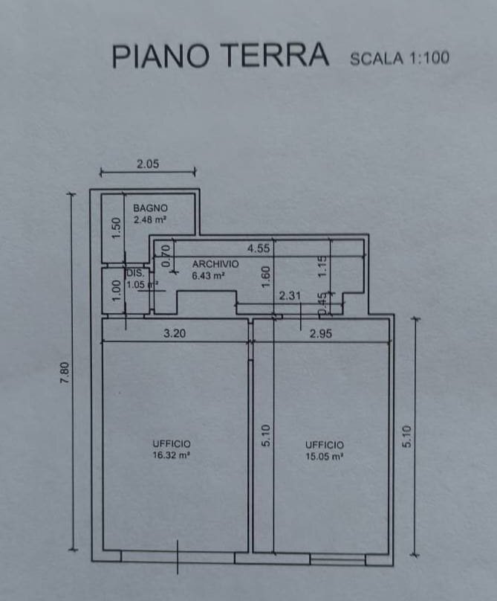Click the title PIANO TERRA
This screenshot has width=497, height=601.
tap(220, 56)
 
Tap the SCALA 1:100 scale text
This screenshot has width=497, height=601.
tap(399, 58)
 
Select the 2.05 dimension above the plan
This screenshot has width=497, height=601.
tap(148, 165)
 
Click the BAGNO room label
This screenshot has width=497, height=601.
tap(150, 208)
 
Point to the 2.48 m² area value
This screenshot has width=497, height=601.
tap(149, 220)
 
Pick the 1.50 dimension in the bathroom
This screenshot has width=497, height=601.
tap(116, 228)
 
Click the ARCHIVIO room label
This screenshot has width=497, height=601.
tap(215, 264)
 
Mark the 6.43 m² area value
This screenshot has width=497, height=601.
tap(209, 275)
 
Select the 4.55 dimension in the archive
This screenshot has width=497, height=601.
tap(259, 249)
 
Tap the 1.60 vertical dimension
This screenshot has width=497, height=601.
tap(265, 276)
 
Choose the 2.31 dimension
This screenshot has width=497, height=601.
tap(290, 295)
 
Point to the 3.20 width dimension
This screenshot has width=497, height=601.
tap(175, 334)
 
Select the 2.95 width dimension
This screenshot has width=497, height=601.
tap(320, 334)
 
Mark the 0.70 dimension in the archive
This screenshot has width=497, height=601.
tap(166, 255)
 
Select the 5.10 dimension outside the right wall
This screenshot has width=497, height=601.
tap(406, 435)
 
